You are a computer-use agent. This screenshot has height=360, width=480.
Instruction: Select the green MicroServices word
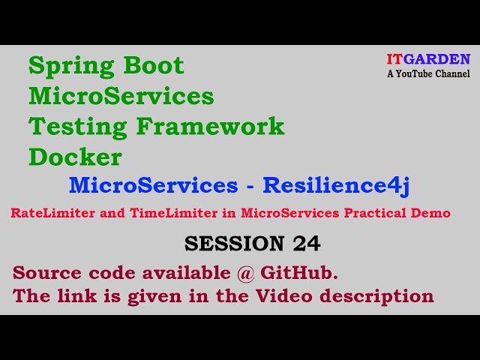tap(121, 96)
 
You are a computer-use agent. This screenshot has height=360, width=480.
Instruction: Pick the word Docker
tap(75, 157)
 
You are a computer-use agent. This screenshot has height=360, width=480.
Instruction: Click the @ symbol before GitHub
tap(245, 272)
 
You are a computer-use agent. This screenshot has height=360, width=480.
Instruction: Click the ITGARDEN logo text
tap(428, 59)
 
